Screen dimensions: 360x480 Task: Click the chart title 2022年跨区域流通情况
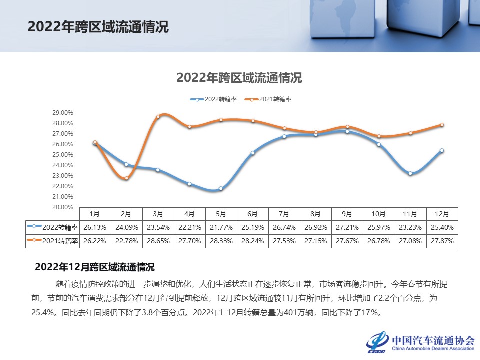point(239,78)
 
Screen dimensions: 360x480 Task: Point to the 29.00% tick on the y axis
point(62,113)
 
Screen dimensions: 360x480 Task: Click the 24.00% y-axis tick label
point(62,165)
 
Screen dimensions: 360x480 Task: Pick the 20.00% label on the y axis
point(62,207)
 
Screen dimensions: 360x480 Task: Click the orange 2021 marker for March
point(158,117)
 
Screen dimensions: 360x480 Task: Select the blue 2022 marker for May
point(221,188)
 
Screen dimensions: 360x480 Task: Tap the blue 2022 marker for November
point(410,173)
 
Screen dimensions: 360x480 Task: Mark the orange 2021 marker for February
point(126,178)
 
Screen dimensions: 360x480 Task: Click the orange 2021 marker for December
point(442,125)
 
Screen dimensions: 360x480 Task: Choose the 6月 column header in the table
point(252,214)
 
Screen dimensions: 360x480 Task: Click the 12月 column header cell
point(442,214)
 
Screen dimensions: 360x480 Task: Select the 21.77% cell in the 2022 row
point(221,227)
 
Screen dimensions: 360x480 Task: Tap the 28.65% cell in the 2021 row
point(158,241)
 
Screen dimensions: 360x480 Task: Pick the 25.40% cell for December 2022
point(442,227)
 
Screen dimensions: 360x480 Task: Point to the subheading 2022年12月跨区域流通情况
point(94,267)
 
